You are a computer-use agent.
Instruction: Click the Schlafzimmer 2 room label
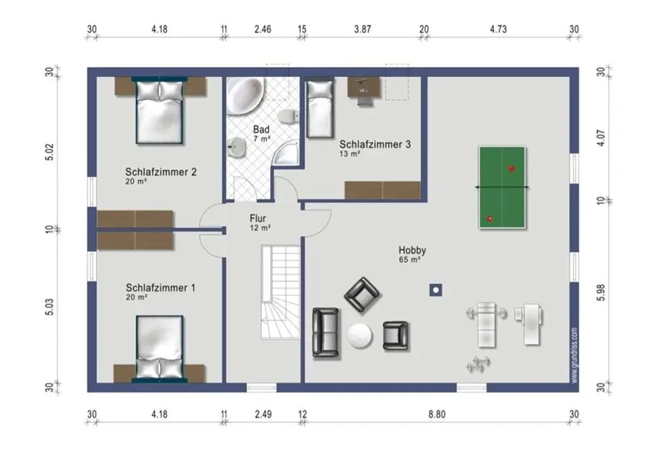pos(161,172)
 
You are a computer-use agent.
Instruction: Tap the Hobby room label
pos(413,251)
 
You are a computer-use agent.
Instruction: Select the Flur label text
pos(258,218)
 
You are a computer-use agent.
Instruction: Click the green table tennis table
pos(502,187)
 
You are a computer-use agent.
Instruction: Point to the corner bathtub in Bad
pos(244,95)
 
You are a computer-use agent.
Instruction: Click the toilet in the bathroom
pos(288,117)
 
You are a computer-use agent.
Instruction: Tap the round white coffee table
pos(359,335)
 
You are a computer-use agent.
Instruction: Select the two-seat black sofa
pos(326,333)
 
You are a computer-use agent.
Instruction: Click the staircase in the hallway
pos(281,292)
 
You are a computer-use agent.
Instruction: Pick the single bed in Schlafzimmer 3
pos(320,109)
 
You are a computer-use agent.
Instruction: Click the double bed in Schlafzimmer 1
pos(160,349)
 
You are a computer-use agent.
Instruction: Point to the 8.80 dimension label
pos(437,414)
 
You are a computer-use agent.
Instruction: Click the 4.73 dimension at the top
pos(498,30)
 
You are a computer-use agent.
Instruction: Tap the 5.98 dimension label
pos(601,292)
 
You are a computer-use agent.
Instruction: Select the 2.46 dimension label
pos(263,30)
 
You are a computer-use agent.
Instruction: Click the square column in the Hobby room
pos(436,290)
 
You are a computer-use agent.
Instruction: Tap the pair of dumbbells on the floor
pos(478,364)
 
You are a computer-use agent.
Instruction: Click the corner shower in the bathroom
pos(285,152)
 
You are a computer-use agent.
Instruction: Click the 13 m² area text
pos(350,154)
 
